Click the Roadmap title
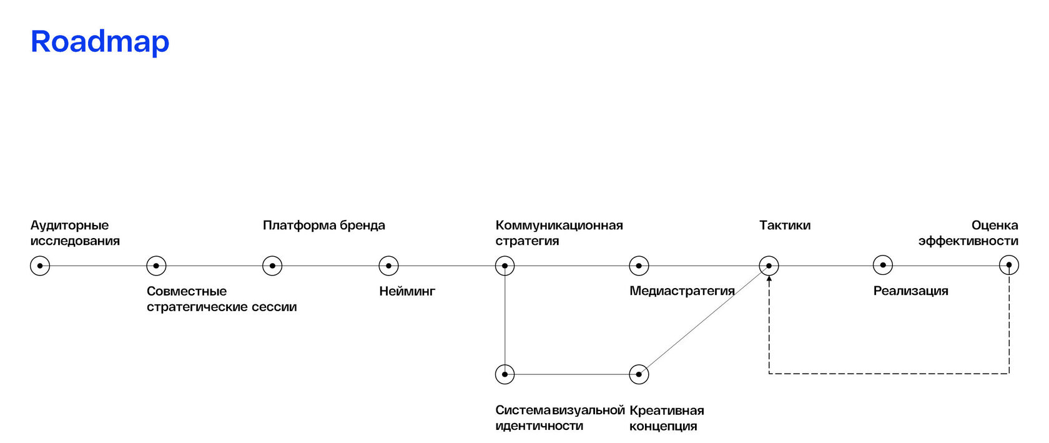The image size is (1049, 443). coord(100,42)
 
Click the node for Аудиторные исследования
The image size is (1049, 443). coord(40,266)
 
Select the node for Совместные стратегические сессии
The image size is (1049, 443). coord(156,266)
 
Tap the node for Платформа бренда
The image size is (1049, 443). coord(272,266)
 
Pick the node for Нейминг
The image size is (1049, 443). coord(388,266)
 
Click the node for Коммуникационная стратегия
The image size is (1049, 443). coord(505,266)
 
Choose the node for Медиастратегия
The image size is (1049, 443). coord(639,266)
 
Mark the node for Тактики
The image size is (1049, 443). coord(769,266)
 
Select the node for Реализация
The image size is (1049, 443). coord(882,265)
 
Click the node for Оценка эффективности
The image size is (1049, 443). coord(1008,265)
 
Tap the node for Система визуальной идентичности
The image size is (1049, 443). coord(505,374)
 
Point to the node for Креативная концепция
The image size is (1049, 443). coord(639,374)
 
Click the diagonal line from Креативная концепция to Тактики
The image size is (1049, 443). coord(704,320)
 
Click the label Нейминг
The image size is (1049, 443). coord(407,291)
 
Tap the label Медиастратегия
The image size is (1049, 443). coord(682,291)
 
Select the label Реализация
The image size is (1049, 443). coord(910,291)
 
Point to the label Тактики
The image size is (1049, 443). coord(785,226)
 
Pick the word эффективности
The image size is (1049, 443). coord(968,241)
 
